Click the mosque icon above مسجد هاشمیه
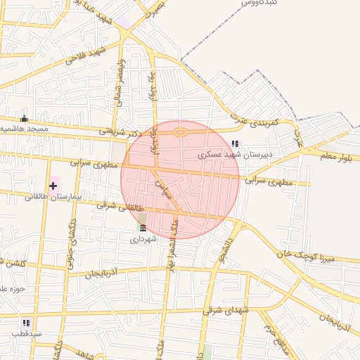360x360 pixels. coord(25,118)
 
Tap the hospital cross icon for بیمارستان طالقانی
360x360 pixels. coord(53,186)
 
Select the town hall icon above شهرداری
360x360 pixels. coord(142,228)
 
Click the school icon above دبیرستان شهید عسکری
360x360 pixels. coord(235,143)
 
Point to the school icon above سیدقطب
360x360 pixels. coord(25,323)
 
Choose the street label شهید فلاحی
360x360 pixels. coord(85,56)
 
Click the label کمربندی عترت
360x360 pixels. coord(258,124)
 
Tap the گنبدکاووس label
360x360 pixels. coord(257,4)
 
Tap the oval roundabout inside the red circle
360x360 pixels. coord(181,131)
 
